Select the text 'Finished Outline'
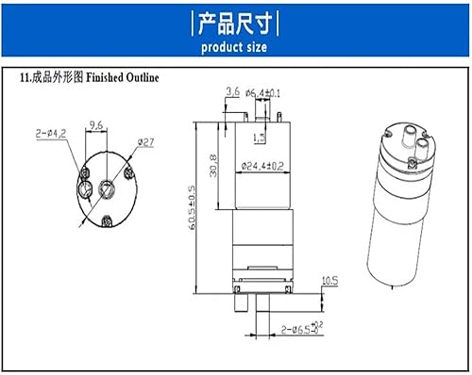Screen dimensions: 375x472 (x=122, y=80)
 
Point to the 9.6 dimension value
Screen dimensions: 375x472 (x=95, y=125)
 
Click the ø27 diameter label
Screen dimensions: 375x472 (x=146, y=141)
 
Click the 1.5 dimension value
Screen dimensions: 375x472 (x=259, y=138)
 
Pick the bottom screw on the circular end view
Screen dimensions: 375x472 (x=104, y=221)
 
